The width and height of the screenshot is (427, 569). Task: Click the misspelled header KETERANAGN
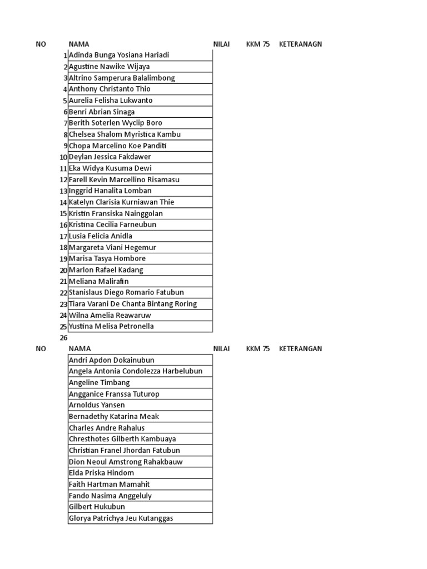(x=300, y=44)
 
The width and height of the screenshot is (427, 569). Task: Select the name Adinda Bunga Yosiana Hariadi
(x=118, y=55)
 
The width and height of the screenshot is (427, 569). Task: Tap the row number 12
(x=63, y=180)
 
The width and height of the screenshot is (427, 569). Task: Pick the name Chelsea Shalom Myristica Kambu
(x=125, y=134)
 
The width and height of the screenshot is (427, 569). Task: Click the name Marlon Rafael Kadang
(x=106, y=270)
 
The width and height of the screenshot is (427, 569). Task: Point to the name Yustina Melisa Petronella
(x=111, y=326)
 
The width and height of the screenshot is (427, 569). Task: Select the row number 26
(x=63, y=338)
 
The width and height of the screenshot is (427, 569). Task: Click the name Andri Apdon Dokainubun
(x=112, y=360)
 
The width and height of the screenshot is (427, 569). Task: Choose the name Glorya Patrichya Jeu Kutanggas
(x=121, y=518)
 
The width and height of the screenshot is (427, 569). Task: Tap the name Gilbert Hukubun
(x=97, y=507)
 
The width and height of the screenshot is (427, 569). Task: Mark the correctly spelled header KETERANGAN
(x=300, y=349)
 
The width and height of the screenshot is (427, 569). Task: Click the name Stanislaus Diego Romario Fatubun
(x=126, y=292)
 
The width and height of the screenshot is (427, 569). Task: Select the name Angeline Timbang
(x=99, y=383)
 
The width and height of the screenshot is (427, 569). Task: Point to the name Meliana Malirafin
(x=98, y=281)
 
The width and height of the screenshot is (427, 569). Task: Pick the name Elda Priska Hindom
(x=101, y=473)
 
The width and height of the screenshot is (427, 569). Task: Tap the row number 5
(x=65, y=101)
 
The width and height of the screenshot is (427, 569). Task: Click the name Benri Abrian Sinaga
(x=102, y=112)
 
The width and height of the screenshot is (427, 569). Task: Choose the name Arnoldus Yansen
(x=97, y=405)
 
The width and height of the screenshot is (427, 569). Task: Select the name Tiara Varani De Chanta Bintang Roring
(x=132, y=304)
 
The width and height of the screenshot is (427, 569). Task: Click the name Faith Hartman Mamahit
(x=109, y=485)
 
